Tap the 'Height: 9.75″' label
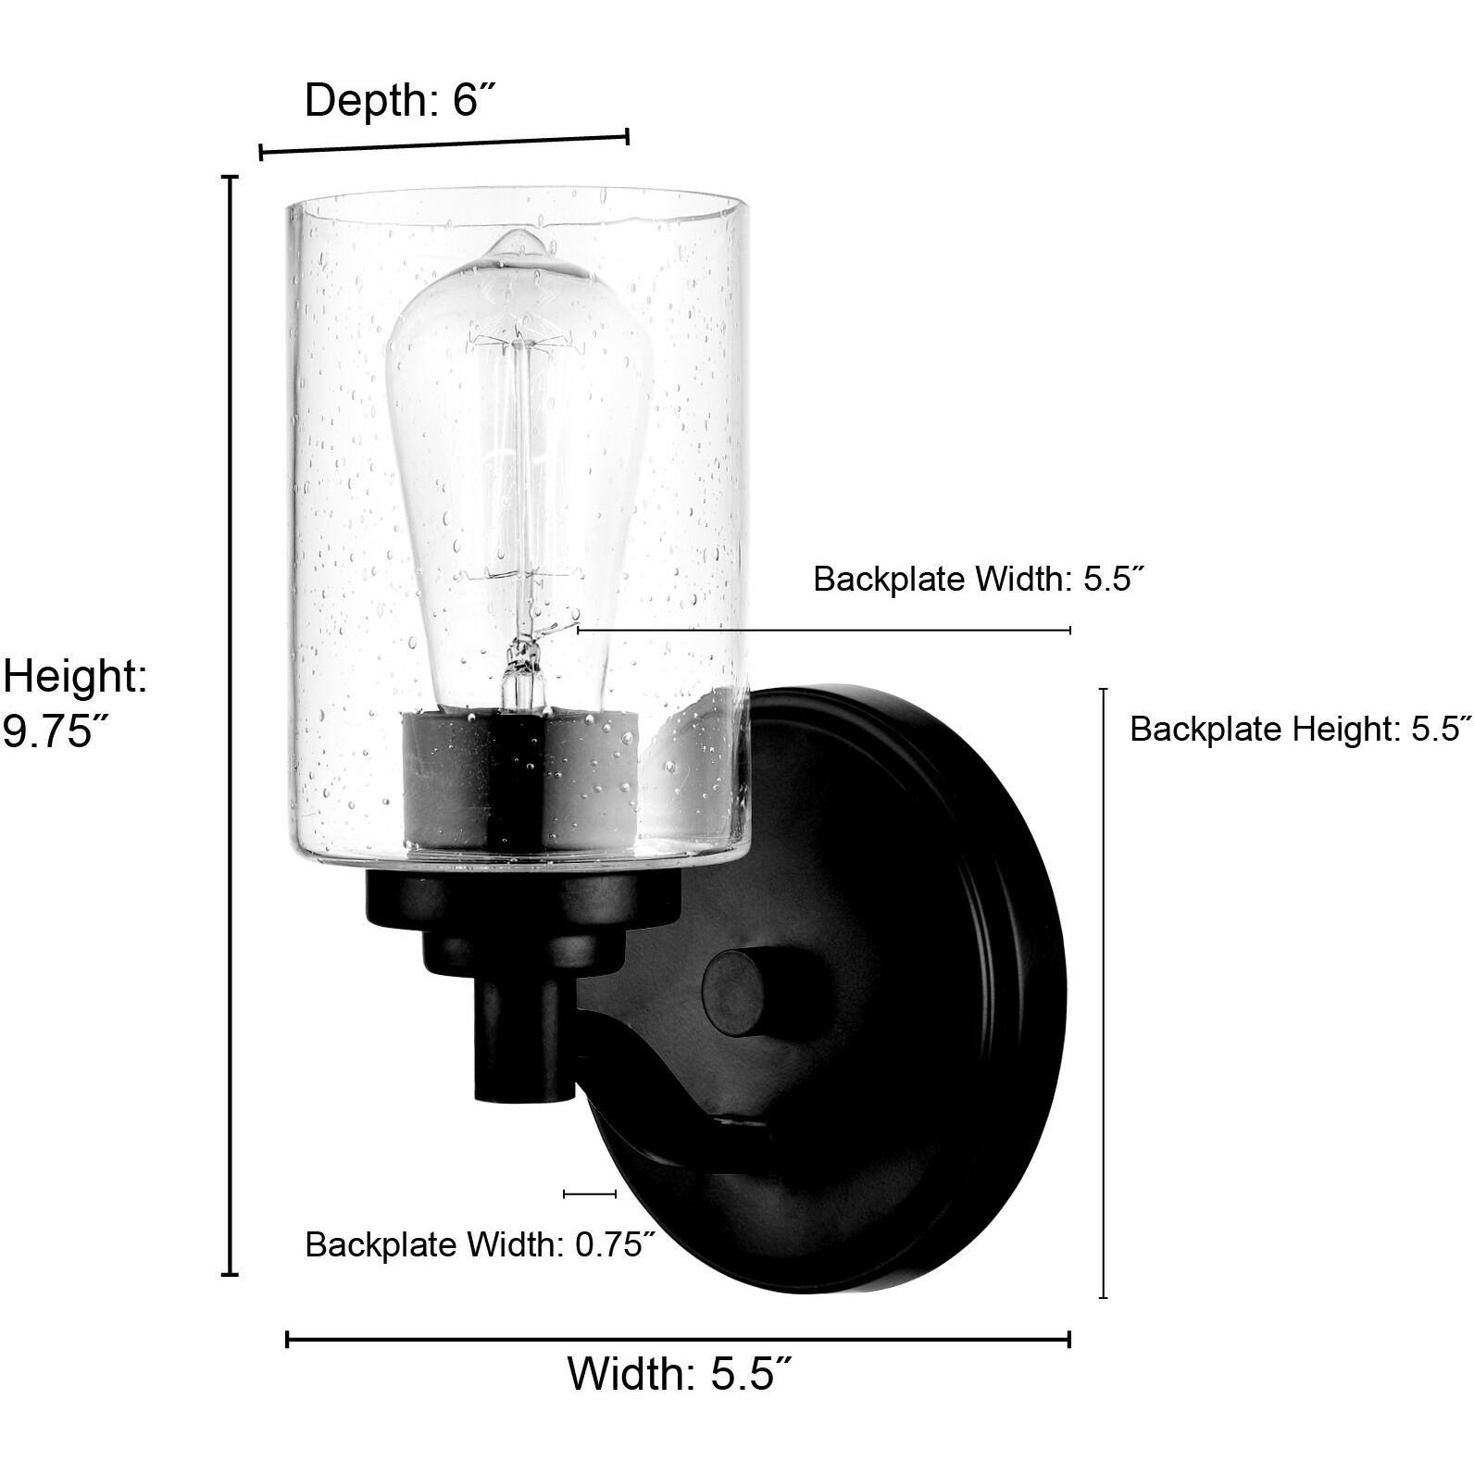74,703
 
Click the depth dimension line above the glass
444,145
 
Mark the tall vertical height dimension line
231,722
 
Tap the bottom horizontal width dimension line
678,1339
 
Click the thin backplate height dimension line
1103,991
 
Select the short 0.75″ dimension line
590,1194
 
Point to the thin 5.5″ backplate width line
824,630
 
